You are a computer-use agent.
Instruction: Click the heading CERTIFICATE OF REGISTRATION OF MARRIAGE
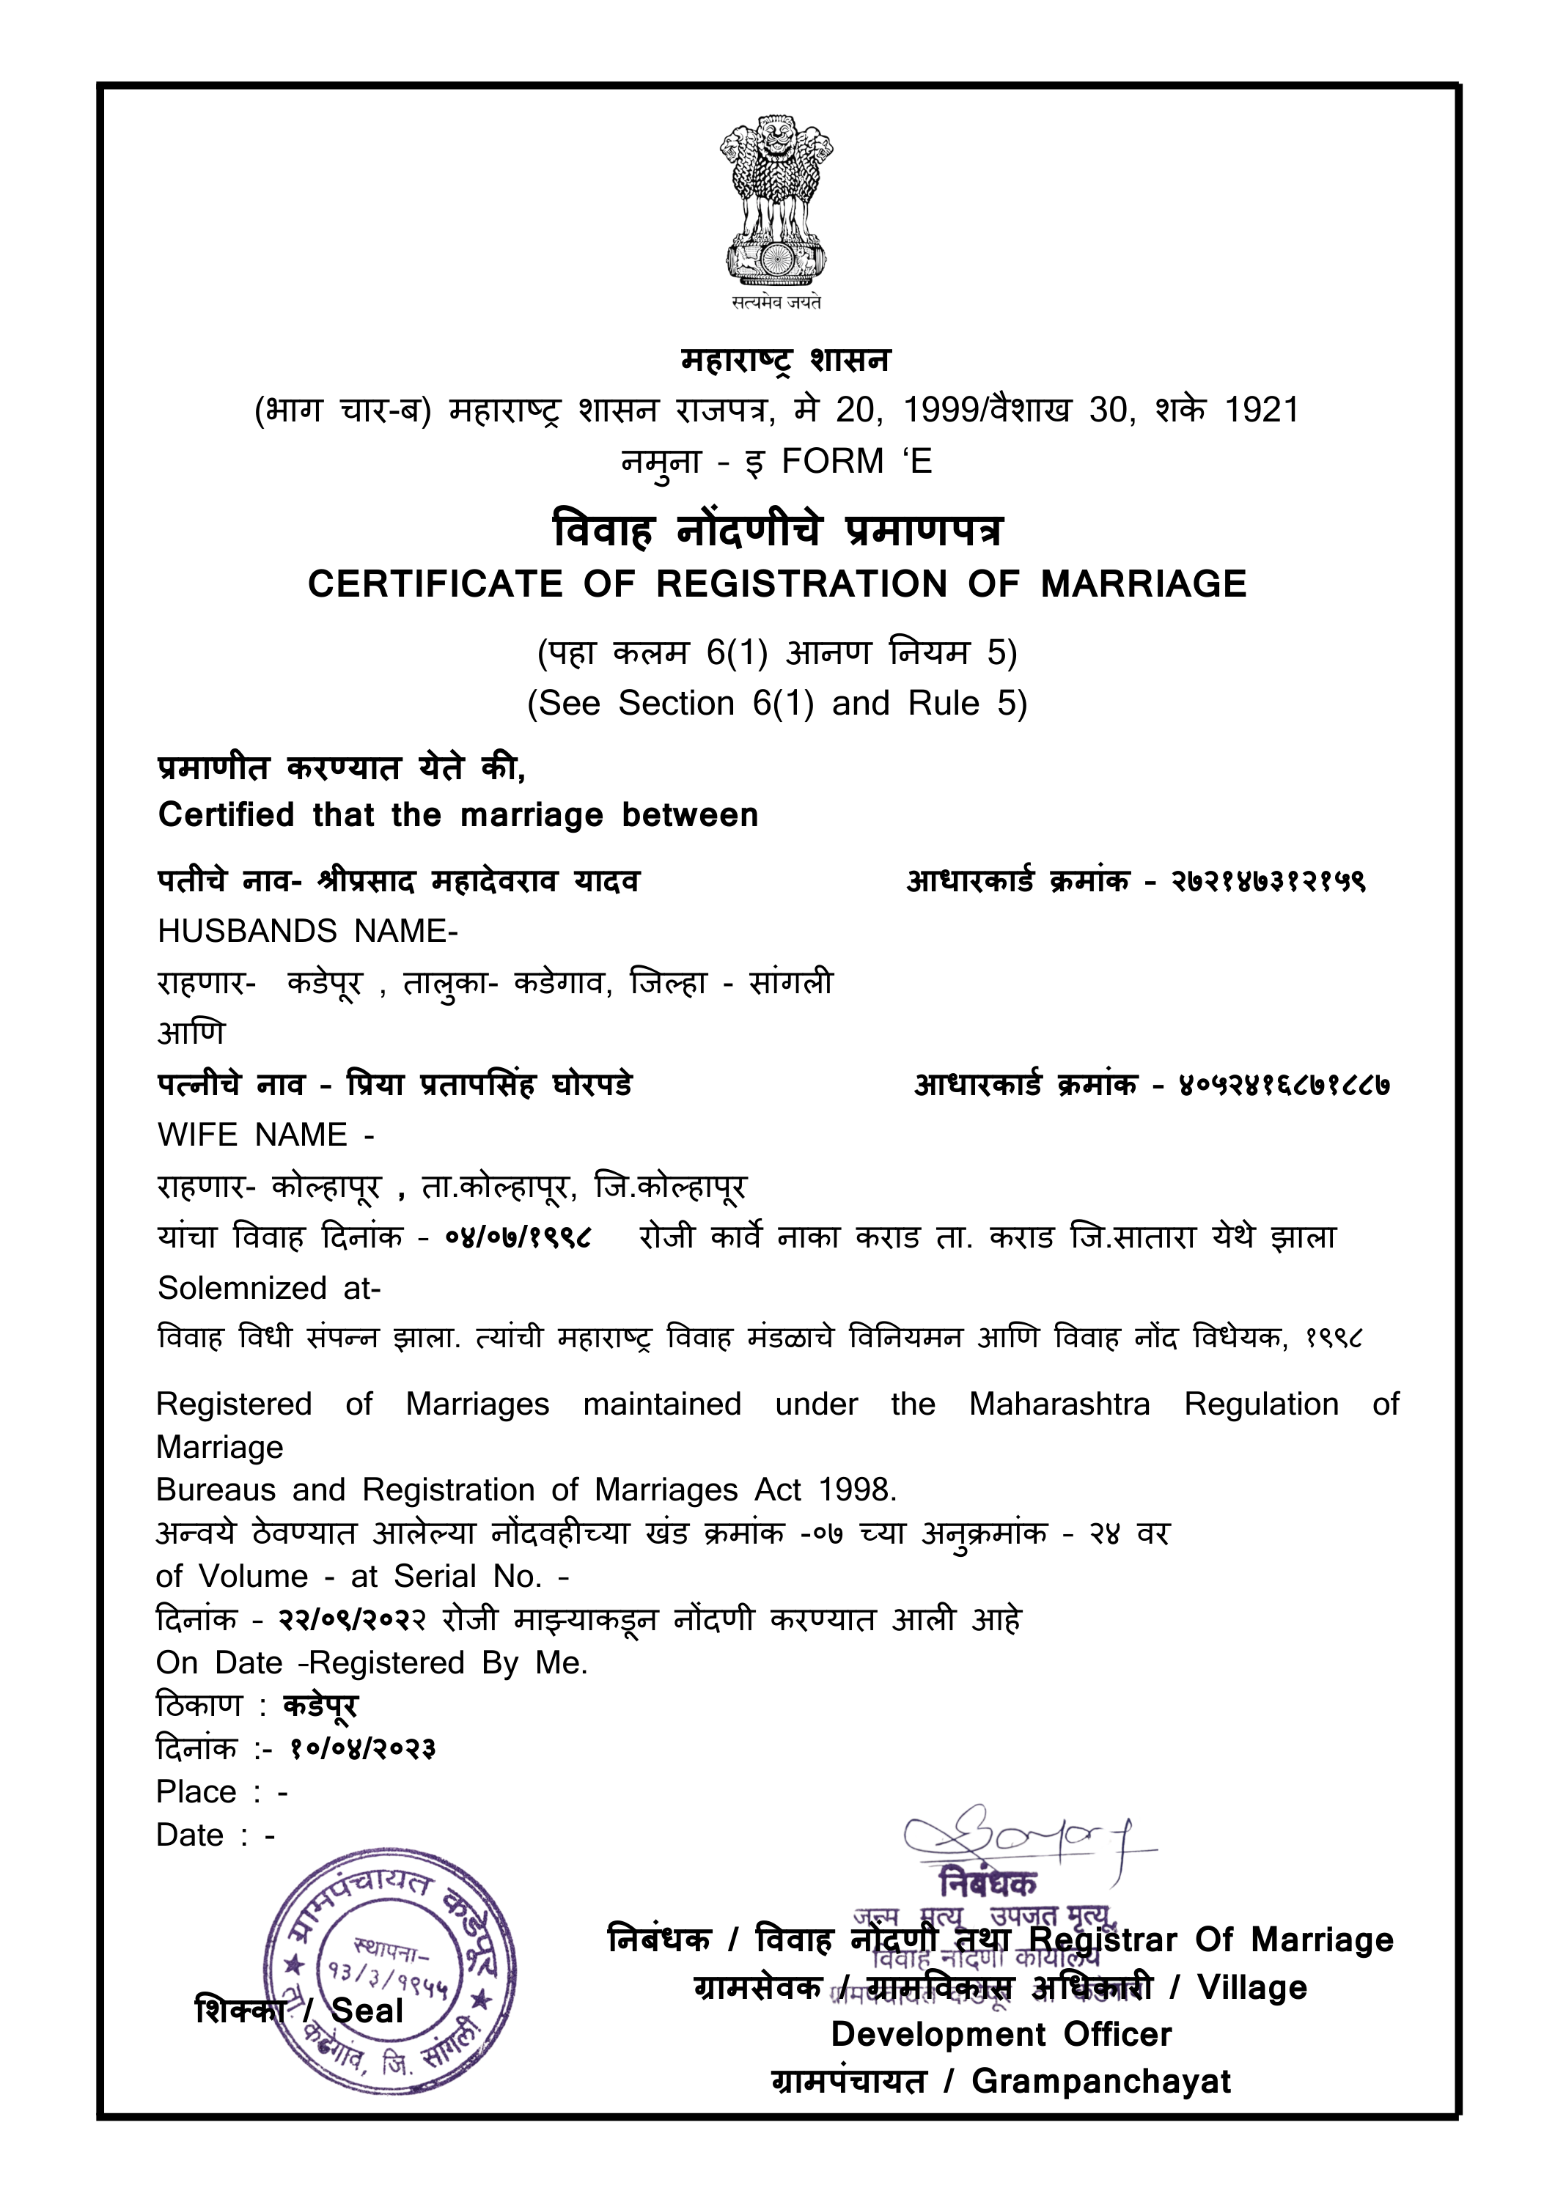coord(777,584)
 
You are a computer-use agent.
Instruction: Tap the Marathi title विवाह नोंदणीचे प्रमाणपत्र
coord(777,531)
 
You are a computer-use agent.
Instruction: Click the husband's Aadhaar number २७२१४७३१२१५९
coord(1268,881)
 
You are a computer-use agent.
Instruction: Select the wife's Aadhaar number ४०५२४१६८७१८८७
coord(1284,1085)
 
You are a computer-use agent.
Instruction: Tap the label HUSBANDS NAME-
coord(307,931)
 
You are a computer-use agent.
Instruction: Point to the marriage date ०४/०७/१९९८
coord(518,1237)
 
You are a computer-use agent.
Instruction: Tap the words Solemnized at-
coord(269,1288)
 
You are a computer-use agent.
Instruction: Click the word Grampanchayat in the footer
coord(1101,2081)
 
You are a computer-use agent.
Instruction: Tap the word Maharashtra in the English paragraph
coord(1059,1404)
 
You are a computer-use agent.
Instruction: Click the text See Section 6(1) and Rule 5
coord(777,703)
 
